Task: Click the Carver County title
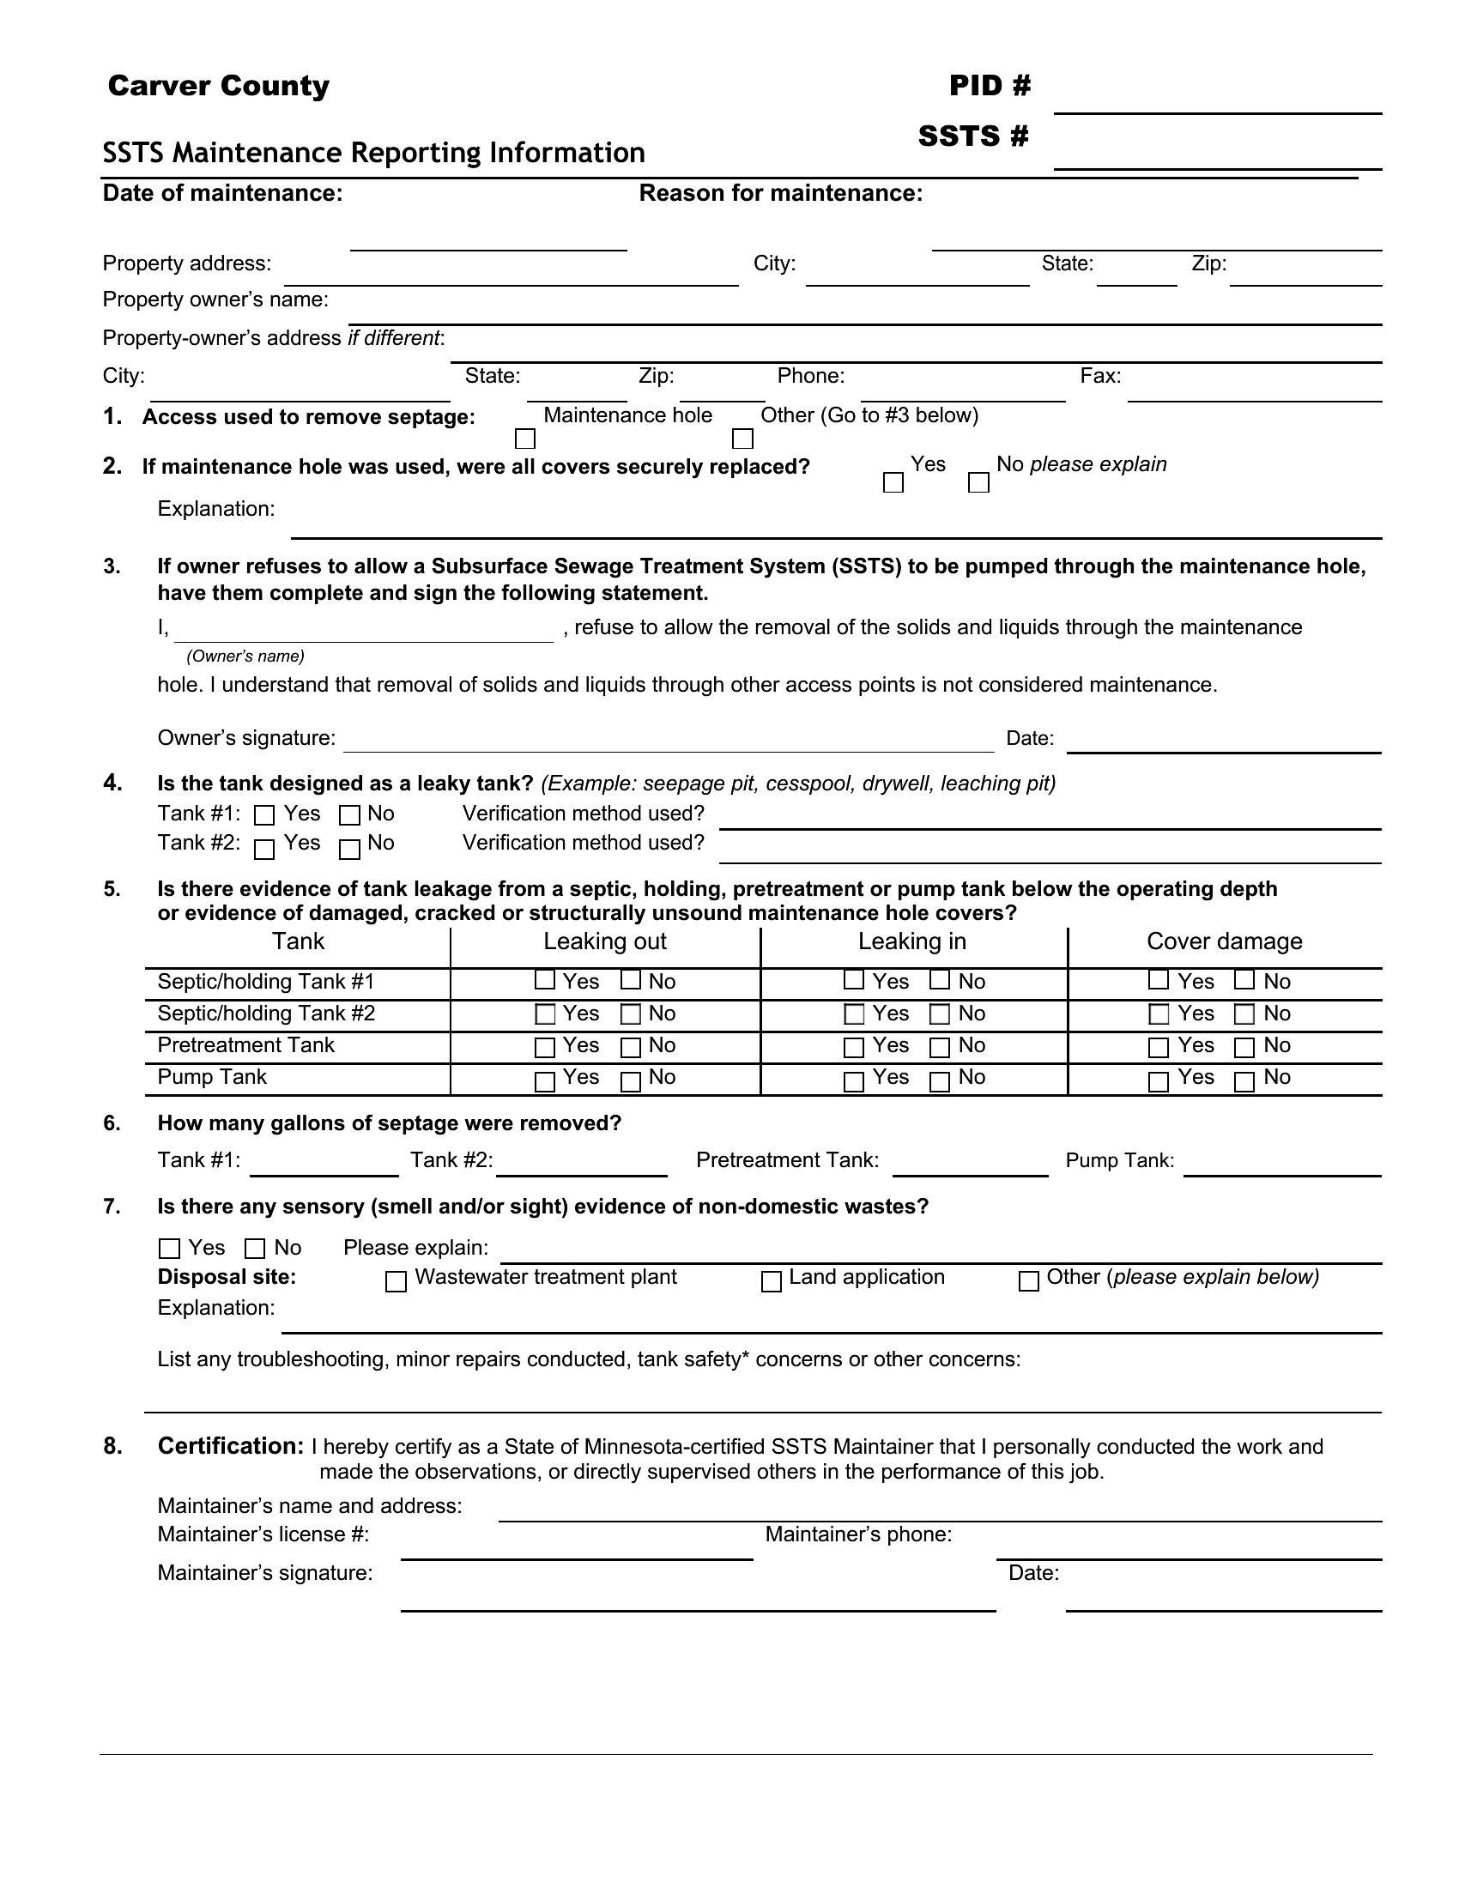[x=219, y=86]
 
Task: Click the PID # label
[x=990, y=85]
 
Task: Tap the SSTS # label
[x=973, y=136]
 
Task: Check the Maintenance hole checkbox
[x=524, y=439]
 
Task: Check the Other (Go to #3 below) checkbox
[x=742, y=439]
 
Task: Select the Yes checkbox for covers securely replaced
[x=893, y=482]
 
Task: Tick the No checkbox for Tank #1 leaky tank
[x=349, y=815]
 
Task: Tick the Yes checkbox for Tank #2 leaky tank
[x=264, y=850]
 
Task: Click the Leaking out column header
[x=605, y=941]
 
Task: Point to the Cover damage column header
[x=1224, y=941]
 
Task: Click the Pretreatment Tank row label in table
[x=245, y=1045]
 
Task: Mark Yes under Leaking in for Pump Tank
[x=854, y=1081]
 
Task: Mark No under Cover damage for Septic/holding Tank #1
[x=1244, y=980]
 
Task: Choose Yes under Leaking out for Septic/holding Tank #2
[x=545, y=1014]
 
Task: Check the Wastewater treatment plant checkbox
[x=396, y=1281]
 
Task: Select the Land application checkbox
[x=771, y=1281]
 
